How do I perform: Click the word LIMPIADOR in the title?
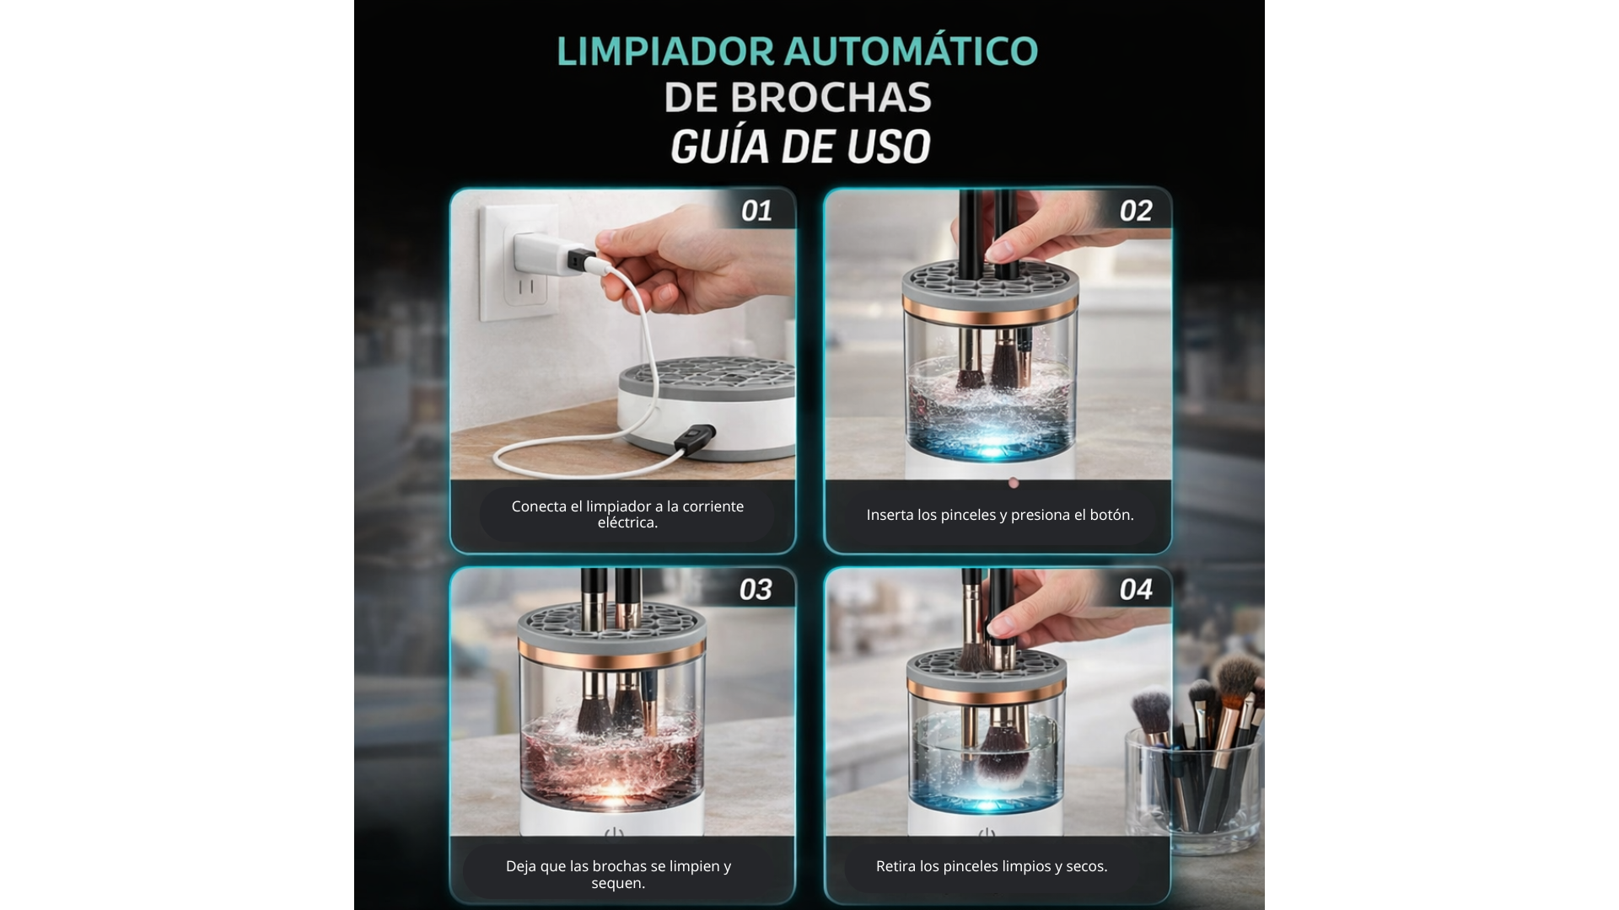coord(665,51)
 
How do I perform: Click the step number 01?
coord(756,211)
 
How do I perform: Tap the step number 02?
coord(1136,211)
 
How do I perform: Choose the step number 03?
coord(756,590)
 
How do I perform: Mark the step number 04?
coord(1136,590)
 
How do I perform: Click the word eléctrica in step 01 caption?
coord(627,522)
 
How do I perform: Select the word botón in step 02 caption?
coord(1111,515)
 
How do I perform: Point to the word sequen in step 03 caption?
coord(618,883)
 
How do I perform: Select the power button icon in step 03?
coord(614,834)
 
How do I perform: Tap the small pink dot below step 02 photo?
coord(1014,483)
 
